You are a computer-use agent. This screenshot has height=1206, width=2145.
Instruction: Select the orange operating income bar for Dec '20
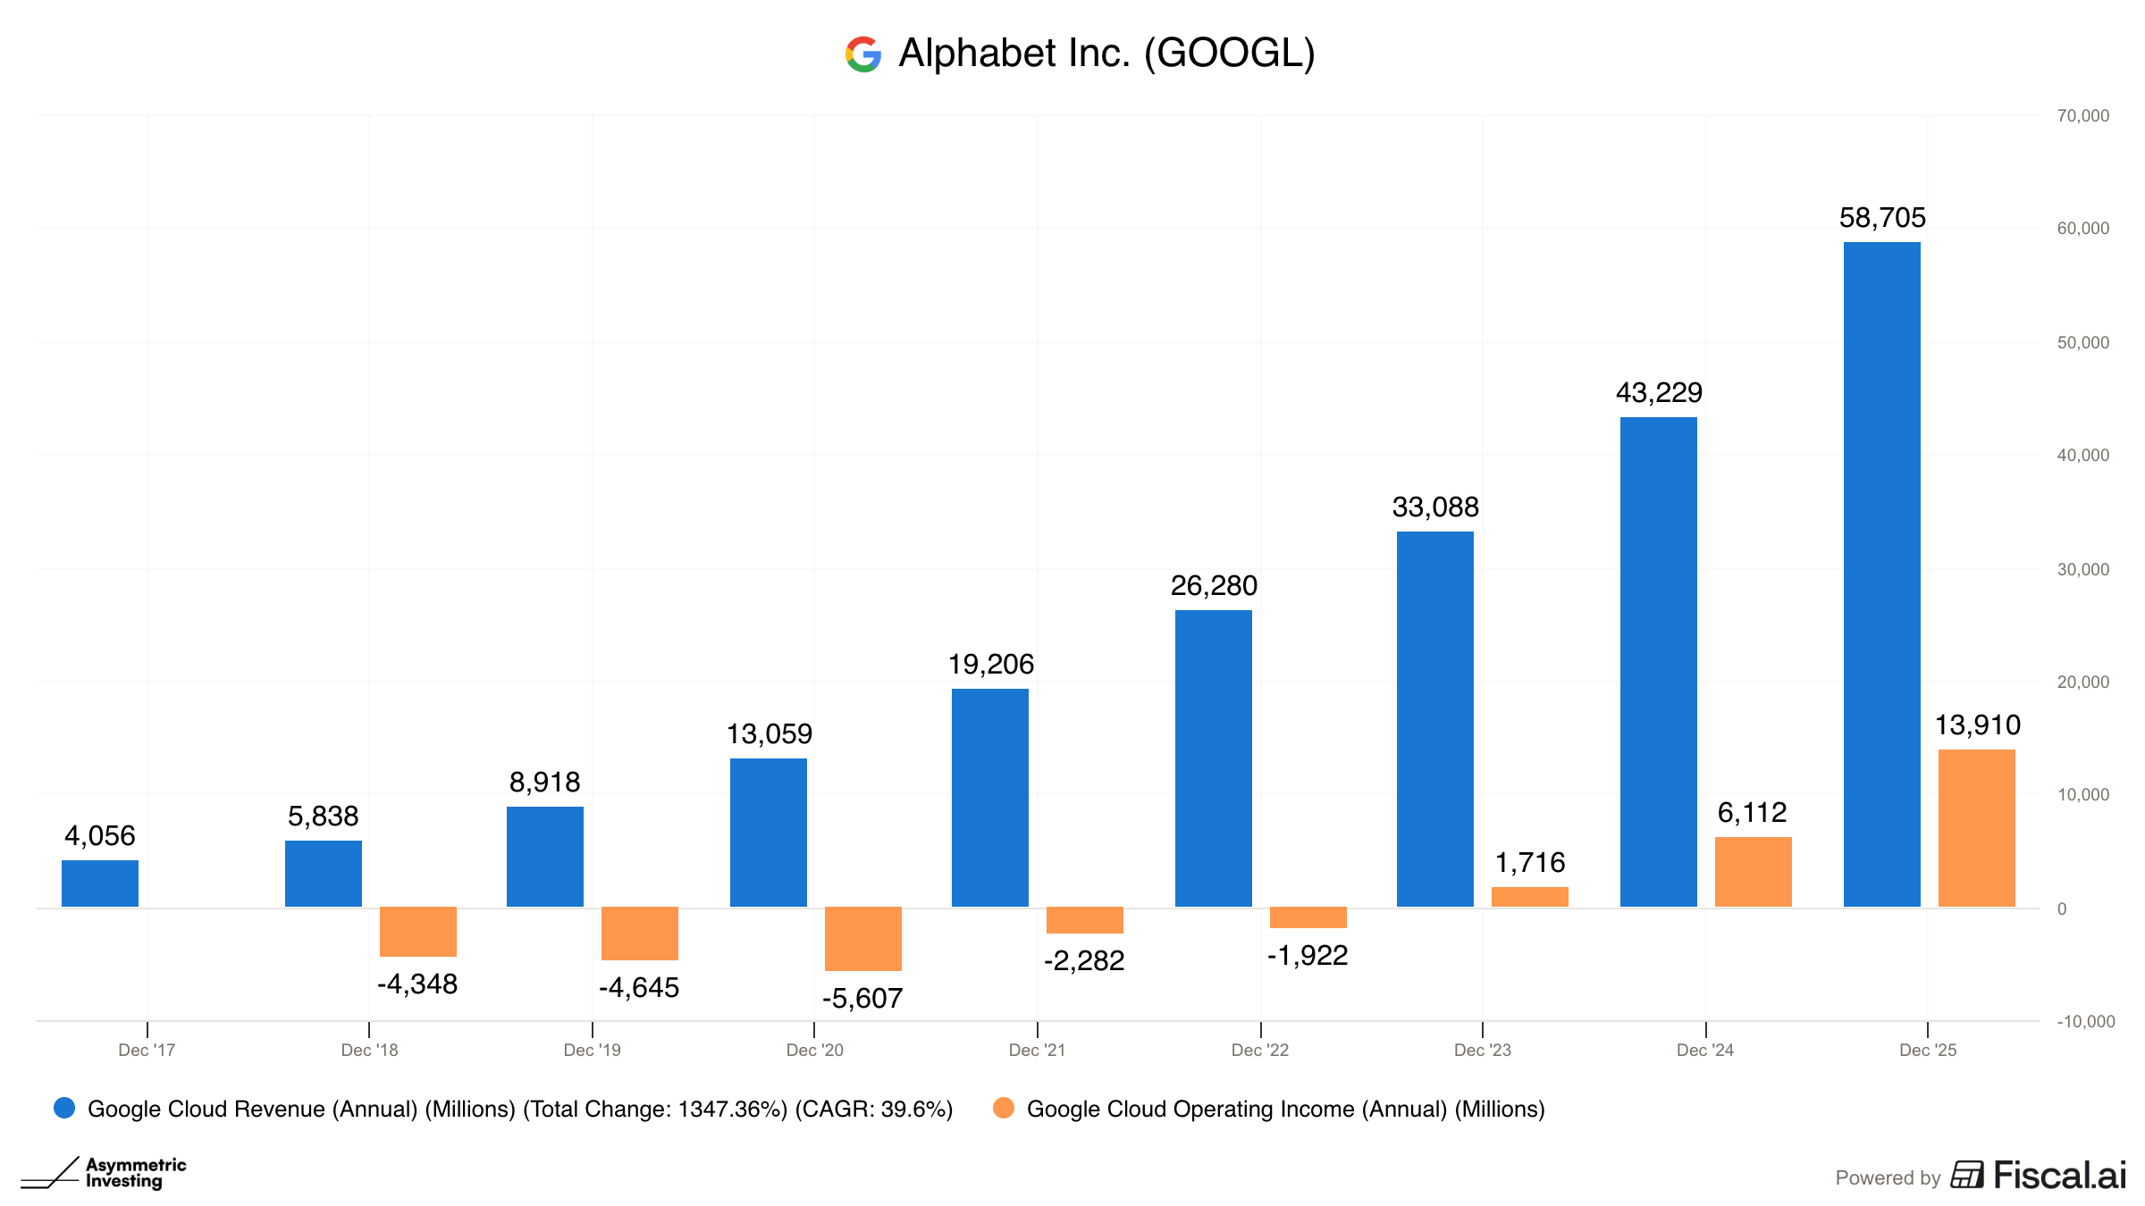pos(862,938)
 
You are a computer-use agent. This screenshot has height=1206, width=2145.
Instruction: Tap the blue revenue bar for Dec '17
pos(100,884)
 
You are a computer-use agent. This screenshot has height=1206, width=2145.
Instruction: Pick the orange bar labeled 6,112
pos(1753,872)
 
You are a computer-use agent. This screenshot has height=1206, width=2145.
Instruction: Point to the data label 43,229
pos(1659,392)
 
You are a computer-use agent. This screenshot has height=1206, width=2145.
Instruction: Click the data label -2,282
pos(1084,960)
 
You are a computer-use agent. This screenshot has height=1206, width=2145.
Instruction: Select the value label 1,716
pos(1529,862)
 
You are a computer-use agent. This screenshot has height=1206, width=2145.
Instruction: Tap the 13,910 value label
pos(1977,724)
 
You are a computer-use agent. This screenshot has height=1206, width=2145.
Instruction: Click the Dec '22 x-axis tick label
pos(1259,1050)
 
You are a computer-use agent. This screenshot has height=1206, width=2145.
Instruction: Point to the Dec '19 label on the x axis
pos(592,1050)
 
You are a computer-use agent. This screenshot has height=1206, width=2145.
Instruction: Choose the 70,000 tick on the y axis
pos(2082,115)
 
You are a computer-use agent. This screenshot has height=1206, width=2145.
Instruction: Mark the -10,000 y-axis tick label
pos(2085,1021)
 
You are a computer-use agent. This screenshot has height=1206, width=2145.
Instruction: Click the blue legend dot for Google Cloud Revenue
pos(64,1108)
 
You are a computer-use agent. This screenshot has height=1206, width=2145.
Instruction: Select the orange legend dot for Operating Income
pos(1004,1108)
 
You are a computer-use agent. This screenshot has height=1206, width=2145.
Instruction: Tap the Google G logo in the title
pos(863,54)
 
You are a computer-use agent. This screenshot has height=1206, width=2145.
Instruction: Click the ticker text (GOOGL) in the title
pos(1229,54)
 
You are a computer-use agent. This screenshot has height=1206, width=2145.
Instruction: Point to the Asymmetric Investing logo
pos(104,1173)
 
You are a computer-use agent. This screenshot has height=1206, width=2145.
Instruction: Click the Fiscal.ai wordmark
pos(2059,1176)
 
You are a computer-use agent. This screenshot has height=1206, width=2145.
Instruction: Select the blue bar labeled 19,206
pos(989,798)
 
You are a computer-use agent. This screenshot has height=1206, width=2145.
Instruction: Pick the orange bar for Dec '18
pos(417,932)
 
